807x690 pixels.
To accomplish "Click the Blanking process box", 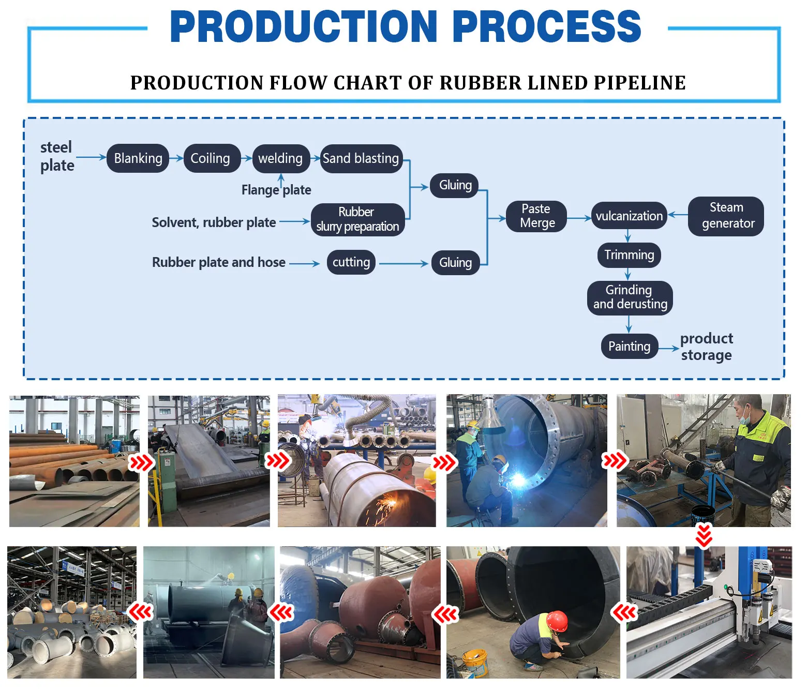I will click(138, 158).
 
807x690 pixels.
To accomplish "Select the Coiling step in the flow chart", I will click(211, 158).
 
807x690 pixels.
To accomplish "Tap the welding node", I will click(280, 158).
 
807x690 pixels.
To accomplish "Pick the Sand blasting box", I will click(361, 158).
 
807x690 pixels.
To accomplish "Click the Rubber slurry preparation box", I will click(357, 219).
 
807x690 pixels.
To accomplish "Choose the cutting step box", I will click(351, 262).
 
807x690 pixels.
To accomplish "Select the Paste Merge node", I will click(537, 216).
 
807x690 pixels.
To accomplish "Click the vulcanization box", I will click(629, 216).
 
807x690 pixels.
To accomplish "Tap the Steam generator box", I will click(726, 216).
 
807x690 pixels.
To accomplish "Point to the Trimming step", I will click(629, 255).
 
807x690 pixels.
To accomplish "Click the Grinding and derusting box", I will click(630, 297).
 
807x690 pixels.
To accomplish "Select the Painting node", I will click(629, 346).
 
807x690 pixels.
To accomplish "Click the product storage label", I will click(706, 347).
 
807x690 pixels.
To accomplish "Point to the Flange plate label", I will click(276, 190).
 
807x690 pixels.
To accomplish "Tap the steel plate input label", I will click(57, 156).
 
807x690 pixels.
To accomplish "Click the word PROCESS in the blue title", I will click(547, 27).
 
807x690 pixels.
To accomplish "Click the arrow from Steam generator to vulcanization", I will click(678, 215).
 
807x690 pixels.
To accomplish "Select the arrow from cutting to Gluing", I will click(404, 264).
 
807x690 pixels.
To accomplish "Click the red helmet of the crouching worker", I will click(557, 620).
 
